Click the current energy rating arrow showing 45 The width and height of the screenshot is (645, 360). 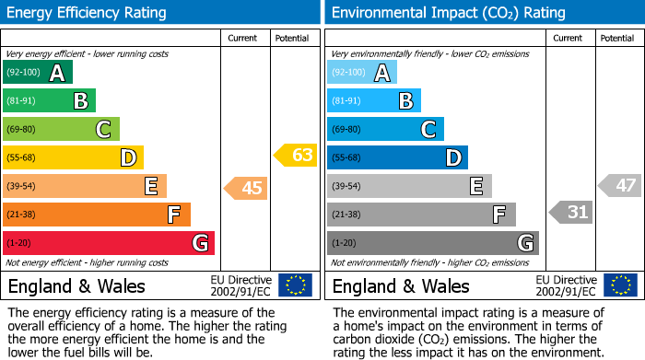coord(246,188)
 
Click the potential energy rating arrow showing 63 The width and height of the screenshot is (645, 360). coord(296,155)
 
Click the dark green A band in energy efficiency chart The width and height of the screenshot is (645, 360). coord(38,73)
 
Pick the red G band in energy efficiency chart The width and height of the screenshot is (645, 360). coord(109,243)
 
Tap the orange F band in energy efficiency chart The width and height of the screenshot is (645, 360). coord(97,215)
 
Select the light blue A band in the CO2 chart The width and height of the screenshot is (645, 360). coord(362,73)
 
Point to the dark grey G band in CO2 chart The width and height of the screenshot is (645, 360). coord(433,243)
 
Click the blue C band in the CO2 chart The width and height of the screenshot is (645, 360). coord(385,130)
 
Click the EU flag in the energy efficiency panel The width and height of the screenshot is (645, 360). coord(295,285)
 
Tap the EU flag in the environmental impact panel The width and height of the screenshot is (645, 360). coord(622,285)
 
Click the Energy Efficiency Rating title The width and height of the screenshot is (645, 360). coord(88,13)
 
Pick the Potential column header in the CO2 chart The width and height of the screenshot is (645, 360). coord(617,38)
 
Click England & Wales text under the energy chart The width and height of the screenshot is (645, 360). coord(76,285)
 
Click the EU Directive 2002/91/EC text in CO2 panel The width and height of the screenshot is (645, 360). coord(567,285)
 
